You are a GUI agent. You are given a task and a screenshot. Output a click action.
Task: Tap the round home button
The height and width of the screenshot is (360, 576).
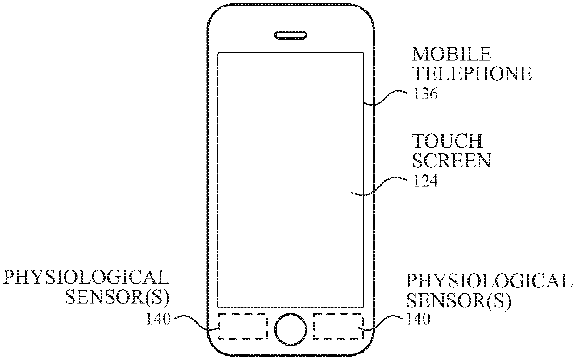[291, 328]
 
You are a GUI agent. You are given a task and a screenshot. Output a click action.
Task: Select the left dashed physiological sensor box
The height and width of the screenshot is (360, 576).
[243, 327]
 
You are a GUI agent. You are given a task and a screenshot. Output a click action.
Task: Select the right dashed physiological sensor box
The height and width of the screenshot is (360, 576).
[338, 327]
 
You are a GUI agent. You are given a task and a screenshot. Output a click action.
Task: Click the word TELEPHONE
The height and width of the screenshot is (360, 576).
[472, 74]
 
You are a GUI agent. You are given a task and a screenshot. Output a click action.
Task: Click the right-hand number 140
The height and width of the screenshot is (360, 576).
[417, 319]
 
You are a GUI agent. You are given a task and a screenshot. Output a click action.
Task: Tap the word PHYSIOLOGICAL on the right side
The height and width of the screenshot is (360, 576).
[487, 281]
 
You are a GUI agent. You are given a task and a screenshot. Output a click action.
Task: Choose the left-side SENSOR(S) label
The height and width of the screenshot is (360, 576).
[117, 298]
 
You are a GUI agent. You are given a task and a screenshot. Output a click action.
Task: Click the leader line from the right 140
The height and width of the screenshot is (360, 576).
[386, 322]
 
